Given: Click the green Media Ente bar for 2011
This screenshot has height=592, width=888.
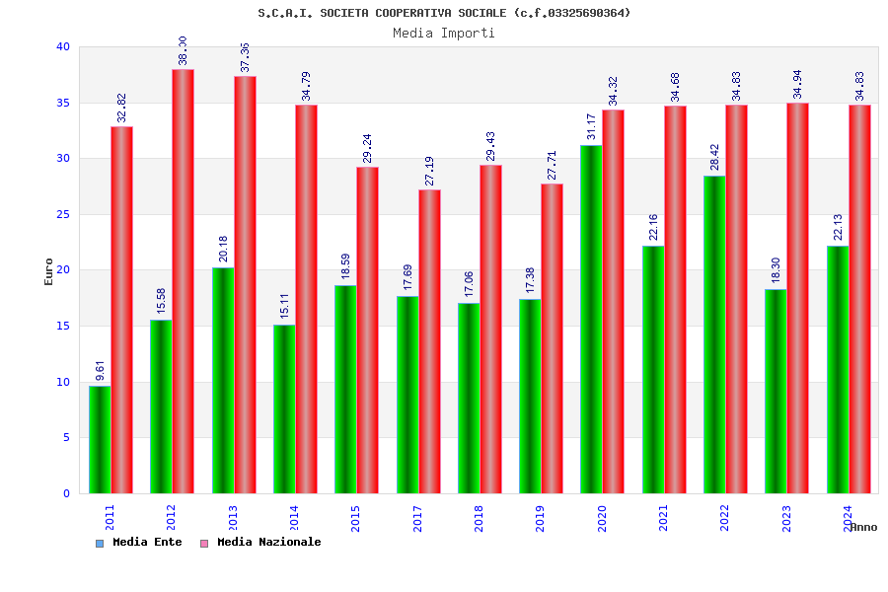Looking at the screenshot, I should [100, 439].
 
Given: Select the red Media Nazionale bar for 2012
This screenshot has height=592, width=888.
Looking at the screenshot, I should [183, 281].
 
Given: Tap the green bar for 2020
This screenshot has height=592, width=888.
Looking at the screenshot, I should [591, 319].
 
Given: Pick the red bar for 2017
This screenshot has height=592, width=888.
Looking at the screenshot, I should [429, 341].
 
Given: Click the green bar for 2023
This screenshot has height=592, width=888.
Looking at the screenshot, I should [776, 391].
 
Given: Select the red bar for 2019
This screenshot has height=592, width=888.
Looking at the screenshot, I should [552, 338].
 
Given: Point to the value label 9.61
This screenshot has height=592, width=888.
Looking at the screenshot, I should [100, 370].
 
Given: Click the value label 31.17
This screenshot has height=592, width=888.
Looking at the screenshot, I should [591, 126].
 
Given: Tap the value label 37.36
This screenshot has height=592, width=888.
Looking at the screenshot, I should [245, 57].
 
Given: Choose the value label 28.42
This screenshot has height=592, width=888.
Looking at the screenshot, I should [714, 157].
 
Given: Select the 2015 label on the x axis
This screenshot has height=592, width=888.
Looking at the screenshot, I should [356, 519].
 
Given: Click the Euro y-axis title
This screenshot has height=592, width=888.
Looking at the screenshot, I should [49, 271].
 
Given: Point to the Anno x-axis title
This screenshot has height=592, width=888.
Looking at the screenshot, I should [863, 527].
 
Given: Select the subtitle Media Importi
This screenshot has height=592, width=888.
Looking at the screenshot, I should [444, 33].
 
